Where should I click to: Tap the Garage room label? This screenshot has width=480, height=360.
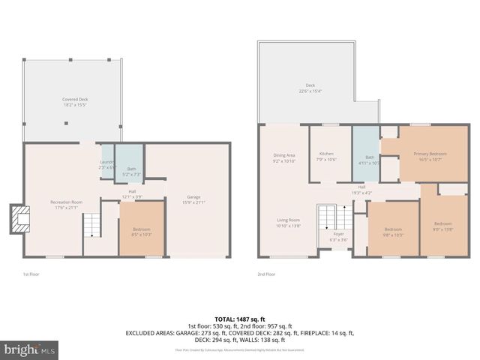(x=193, y=200)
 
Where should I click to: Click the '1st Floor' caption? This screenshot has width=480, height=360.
(x=30, y=274)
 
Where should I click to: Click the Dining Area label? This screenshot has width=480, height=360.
(x=284, y=157)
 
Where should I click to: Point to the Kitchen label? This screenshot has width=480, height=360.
(x=326, y=156)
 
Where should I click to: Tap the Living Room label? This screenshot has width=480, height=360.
(x=287, y=222)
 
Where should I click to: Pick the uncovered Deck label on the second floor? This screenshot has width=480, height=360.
(x=310, y=88)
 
